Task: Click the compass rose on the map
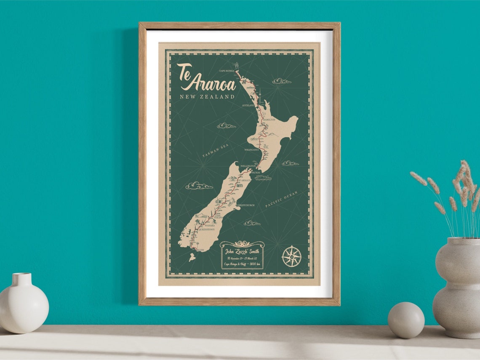(291, 256)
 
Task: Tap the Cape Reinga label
(227, 71)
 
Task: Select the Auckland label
(248, 105)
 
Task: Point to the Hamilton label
(269, 120)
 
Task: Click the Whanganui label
(251, 149)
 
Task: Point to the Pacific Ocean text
(281, 199)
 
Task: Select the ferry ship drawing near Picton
(262, 177)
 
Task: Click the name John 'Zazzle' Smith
(242, 252)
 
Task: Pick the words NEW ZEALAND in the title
(207, 97)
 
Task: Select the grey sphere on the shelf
(405, 320)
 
